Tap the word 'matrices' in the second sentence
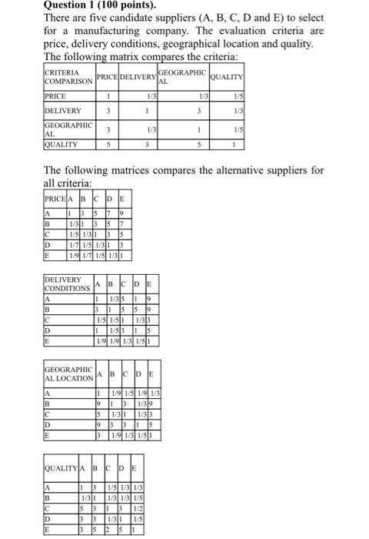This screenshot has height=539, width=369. pos(144,170)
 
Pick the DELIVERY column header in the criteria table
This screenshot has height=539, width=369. pos(139,77)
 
